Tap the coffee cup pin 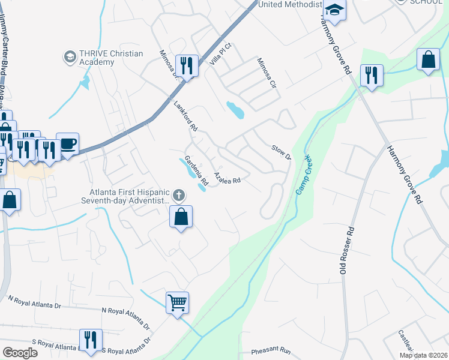pyautogui.click(x=67, y=144)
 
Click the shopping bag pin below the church pyautogui.click(x=181, y=217)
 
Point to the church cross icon pyautogui.click(x=178, y=195)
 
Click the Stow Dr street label pyautogui.click(x=281, y=152)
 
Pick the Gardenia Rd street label pyautogui.click(x=196, y=170)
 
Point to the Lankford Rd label pyautogui.click(x=185, y=116)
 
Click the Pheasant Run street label pyautogui.click(x=271, y=350)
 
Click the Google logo pyautogui.click(x=19, y=353)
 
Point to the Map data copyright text pyautogui.click(x=423, y=355)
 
